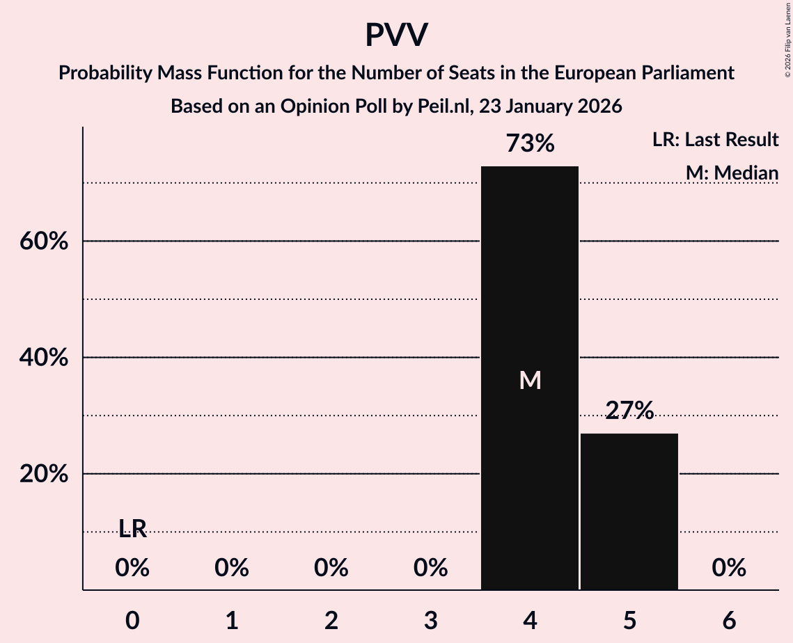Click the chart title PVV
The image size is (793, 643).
[396, 35]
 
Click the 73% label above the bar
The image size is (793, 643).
[530, 144]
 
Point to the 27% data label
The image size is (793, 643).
[629, 411]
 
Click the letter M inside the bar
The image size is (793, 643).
[530, 380]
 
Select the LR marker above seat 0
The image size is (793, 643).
[132, 530]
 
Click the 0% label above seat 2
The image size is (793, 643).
[331, 569]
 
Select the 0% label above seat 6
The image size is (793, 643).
[729, 569]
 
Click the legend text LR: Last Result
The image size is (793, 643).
[715, 140]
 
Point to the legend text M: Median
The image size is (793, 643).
[731, 173]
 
